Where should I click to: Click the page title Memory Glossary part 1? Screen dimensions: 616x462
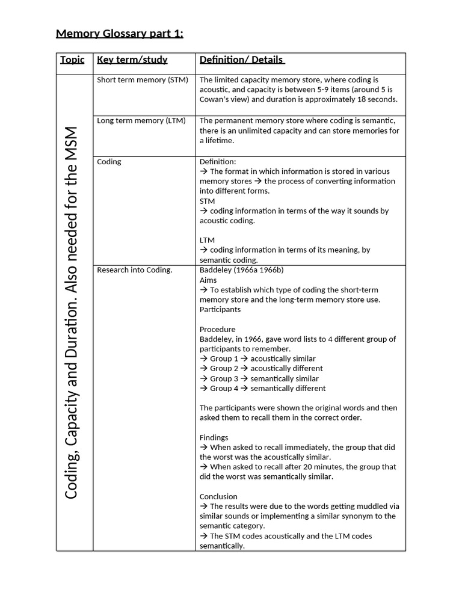120,33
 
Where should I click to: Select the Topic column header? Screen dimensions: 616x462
72,60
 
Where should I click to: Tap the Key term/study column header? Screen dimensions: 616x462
132,60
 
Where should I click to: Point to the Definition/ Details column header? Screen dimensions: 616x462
242,60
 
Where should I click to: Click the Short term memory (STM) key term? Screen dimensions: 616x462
143,80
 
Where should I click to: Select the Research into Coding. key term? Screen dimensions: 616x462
135,270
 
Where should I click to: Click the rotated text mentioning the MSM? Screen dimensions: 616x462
72,313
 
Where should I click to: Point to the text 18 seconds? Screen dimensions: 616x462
376,100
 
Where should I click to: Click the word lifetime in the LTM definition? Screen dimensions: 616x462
218,141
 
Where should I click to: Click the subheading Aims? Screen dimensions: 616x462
209,280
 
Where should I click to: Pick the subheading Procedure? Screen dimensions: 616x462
217,329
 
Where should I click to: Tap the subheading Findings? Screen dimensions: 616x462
214,437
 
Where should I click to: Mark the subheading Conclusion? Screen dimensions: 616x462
218,496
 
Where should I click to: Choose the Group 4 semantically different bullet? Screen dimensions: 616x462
262,388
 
